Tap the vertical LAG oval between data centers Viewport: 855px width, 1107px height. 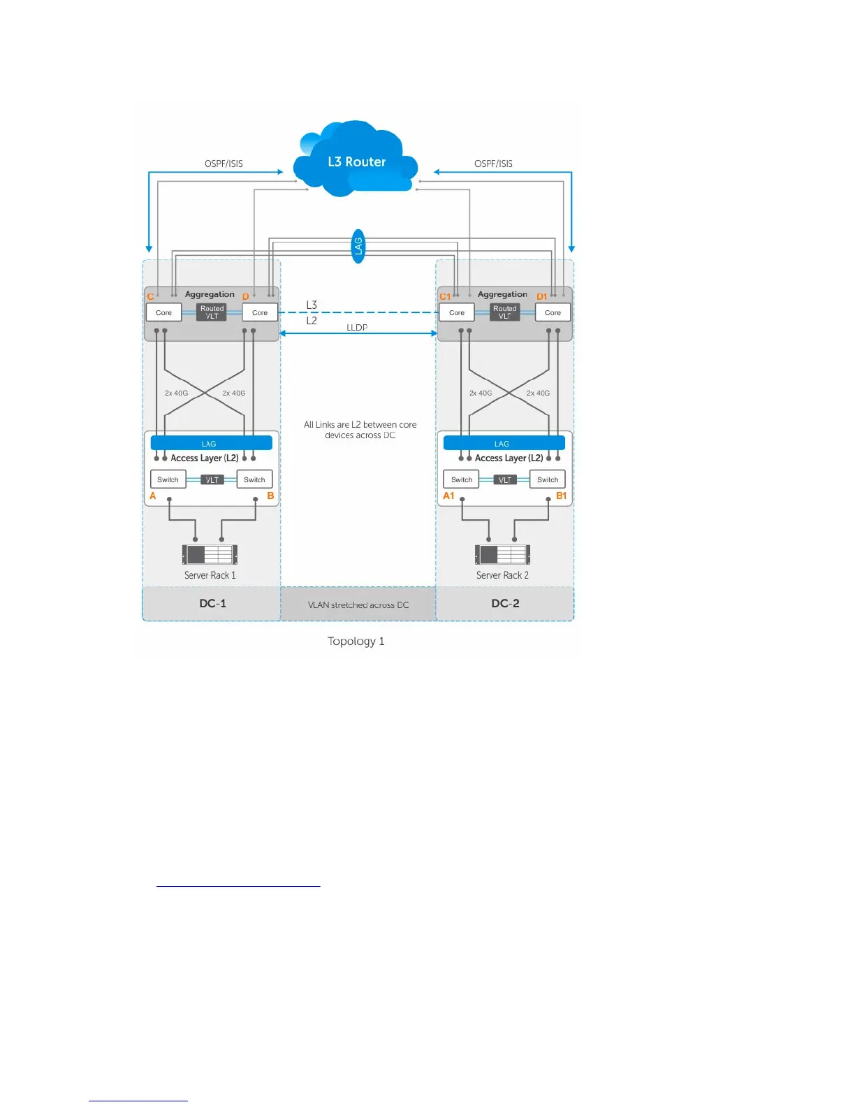point(358,246)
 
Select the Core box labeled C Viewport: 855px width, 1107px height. point(163,312)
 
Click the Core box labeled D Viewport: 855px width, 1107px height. point(260,312)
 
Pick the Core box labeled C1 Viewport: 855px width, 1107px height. point(457,312)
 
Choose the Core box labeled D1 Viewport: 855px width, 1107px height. point(553,312)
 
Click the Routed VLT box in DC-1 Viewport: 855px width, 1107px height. point(212,312)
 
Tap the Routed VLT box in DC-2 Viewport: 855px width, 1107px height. point(504,312)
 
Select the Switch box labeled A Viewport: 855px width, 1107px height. point(168,479)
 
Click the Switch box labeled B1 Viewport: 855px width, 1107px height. point(548,479)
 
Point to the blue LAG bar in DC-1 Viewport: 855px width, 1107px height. point(211,443)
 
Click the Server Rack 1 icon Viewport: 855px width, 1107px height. point(210,554)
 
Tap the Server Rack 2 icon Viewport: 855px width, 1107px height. point(502,554)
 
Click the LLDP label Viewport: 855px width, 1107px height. point(357,327)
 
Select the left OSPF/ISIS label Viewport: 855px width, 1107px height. point(224,164)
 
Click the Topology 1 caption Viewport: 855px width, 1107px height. point(356,641)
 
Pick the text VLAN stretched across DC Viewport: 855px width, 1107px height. point(358,605)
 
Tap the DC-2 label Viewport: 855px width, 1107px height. point(505,603)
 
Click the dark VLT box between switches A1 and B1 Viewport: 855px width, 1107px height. point(504,479)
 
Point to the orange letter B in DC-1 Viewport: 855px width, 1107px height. point(270,495)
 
